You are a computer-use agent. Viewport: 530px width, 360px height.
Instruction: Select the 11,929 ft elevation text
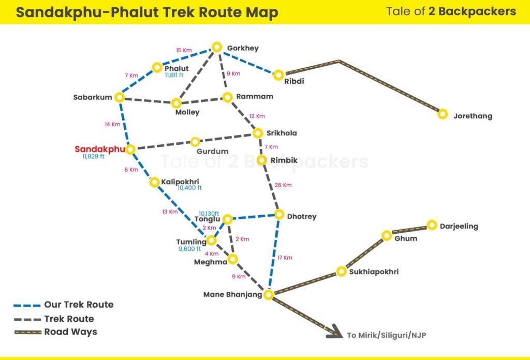pyautogui.click(x=93, y=157)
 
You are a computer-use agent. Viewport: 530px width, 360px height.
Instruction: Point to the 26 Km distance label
pyautogui.click(x=284, y=185)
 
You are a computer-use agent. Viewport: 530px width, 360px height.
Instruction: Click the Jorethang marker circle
pyautogui.click(x=443, y=114)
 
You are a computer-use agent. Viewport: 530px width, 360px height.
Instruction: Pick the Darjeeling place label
pyautogui.click(x=459, y=226)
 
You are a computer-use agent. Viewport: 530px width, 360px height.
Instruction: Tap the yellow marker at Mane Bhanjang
pyautogui.click(x=268, y=295)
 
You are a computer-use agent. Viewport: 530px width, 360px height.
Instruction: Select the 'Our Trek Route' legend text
pyautogui.click(x=79, y=305)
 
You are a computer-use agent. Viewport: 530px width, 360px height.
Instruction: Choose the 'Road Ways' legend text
pyautogui.click(x=70, y=332)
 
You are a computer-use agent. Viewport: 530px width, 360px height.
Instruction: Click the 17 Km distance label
pyautogui.click(x=285, y=258)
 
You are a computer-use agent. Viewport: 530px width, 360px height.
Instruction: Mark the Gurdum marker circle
pyautogui.click(x=195, y=142)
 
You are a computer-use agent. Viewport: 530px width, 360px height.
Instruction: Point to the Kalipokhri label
pyautogui.click(x=180, y=182)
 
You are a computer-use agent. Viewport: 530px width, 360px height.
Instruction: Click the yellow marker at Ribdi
pyautogui.click(x=278, y=75)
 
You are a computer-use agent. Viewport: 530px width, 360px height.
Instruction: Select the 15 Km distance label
pyautogui.click(x=184, y=50)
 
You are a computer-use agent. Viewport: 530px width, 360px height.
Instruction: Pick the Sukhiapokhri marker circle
pyautogui.click(x=341, y=271)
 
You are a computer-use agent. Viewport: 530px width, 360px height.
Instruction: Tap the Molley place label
pyautogui.click(x=187, y=112)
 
